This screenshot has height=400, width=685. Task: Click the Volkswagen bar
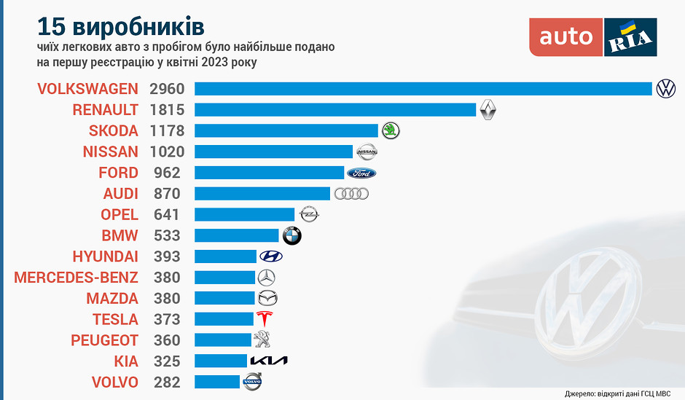point(423,89)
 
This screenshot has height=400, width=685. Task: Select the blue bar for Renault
point(335,110)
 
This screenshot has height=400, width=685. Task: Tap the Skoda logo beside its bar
point(391,131)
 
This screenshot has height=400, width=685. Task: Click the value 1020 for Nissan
point(168,152)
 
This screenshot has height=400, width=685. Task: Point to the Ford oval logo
point(361,173)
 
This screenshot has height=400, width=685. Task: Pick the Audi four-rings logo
point(351,194)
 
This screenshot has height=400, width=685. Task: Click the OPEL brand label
point(120,215)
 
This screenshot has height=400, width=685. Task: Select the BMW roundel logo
point(291,236)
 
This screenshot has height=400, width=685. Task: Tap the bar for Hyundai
point(226,256)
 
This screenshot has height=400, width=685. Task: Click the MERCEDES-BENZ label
point(76,278)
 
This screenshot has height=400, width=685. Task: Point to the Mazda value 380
point(168,299)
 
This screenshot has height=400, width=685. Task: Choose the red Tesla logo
point(265,319)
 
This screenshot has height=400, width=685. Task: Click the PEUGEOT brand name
point(104,340)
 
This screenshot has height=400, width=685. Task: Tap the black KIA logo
point(269,361)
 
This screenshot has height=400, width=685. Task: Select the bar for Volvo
point(217,382)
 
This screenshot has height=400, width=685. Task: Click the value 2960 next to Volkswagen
point(168,89)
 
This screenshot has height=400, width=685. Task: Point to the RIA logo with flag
point(631,37)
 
